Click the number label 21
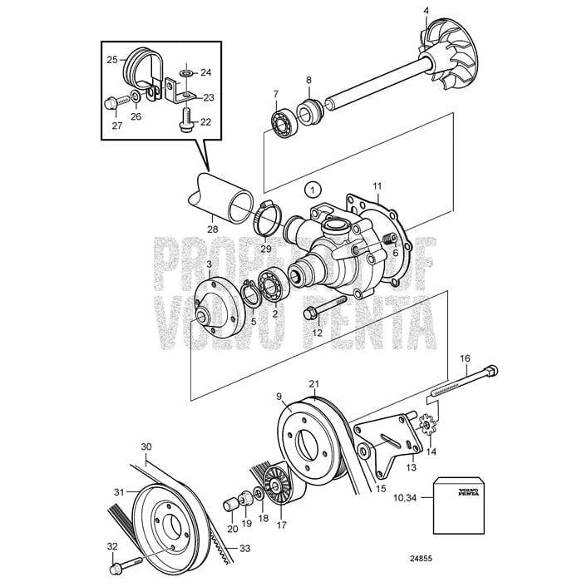click(x=313, y=383)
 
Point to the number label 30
click(x=146, y=446)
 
